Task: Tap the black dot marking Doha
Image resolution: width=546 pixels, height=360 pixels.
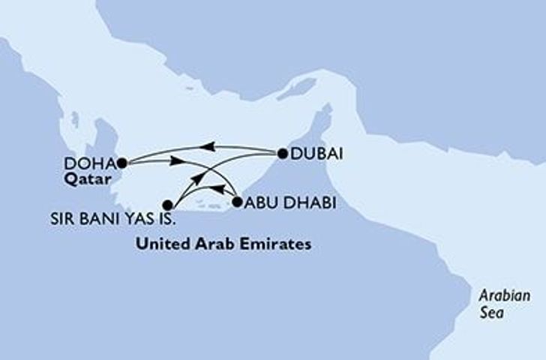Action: (121, 161)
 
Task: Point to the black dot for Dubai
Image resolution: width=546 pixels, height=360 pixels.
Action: (283, 154)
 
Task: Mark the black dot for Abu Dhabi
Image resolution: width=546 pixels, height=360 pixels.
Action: (237, 202)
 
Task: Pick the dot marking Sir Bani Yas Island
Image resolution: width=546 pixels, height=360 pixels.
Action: (168, 204)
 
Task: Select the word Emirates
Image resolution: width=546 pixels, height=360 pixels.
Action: (281, 244)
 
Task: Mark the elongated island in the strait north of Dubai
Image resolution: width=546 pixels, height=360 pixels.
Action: (297, 88)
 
